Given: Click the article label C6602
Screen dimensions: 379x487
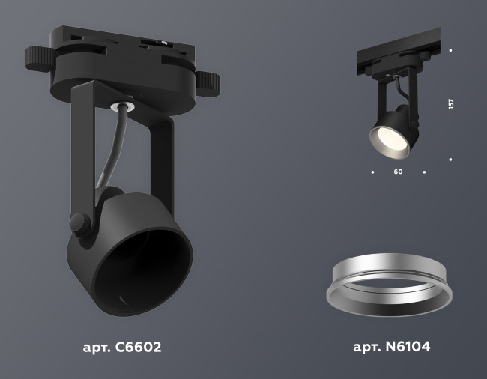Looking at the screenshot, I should click(121, 348).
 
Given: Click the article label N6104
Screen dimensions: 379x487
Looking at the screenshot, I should click(390, 348).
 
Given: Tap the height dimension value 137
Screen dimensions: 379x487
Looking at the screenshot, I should click(451, 104).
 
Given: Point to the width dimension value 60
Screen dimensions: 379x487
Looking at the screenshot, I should click(398, 172).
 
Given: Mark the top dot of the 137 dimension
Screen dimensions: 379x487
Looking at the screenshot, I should click(450, 50).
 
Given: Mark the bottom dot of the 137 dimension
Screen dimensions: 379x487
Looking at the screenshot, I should click(450, 159).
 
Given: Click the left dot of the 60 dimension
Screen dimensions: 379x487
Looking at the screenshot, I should click(372, 172).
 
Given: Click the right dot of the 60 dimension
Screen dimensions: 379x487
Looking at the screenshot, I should click(424, 172).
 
